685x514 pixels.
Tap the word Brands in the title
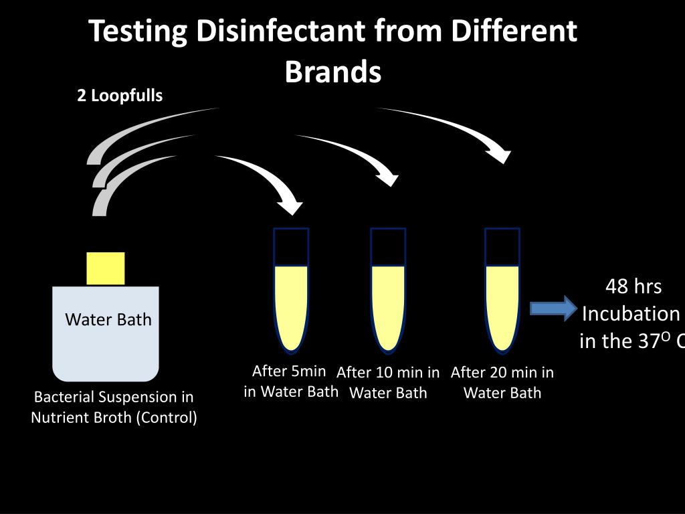(333, 71)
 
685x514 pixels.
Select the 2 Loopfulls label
(120, 96)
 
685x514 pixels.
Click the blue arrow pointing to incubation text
(553, 308)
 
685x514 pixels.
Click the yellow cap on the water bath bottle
(106, 268)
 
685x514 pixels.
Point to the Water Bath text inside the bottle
(108, 319)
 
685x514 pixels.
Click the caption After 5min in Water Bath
(291, 381)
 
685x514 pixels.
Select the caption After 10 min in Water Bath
(388, 383)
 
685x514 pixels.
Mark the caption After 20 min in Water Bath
(502, 383)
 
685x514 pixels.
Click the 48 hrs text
(633, 286)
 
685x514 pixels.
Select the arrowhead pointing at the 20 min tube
(500, 155)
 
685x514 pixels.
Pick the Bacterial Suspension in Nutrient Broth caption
(114, 407)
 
